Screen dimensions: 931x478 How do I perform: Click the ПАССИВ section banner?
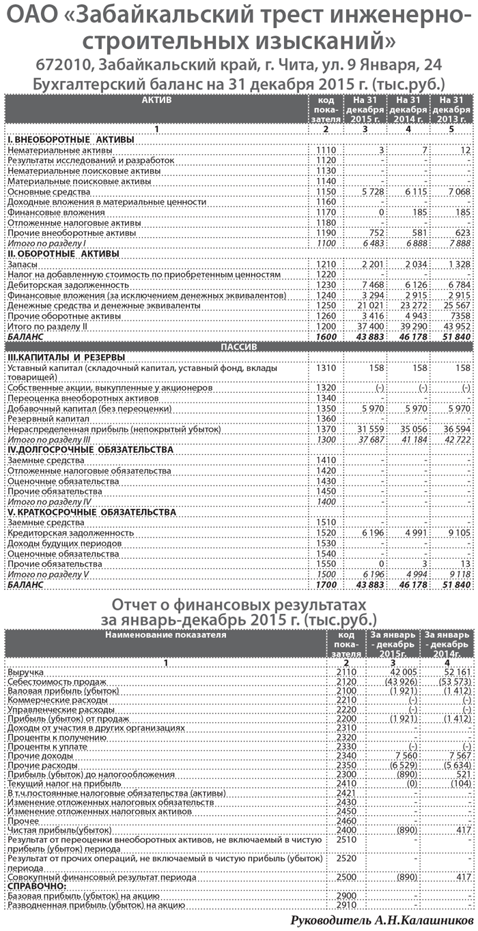tap(238, 346)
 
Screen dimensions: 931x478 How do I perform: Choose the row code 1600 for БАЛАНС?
tap(326, 338)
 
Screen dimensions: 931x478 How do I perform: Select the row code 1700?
tap(326, 585)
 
